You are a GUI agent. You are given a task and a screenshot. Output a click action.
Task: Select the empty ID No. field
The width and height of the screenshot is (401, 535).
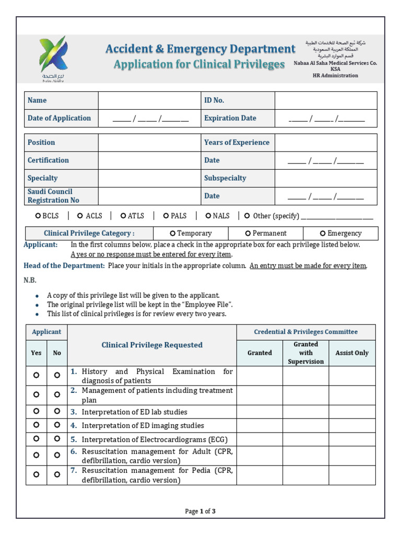pyautogui.click(x=325, y=100)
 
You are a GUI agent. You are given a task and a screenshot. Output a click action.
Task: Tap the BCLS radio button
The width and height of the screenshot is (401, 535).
pyautogui.click(x=38, y=216)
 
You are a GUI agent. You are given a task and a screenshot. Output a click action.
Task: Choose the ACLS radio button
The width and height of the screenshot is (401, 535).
pyautogui.click(x=80, y=216)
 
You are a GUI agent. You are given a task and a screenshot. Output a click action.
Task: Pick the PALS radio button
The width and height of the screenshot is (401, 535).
pyautogui.click(x=166, y=216)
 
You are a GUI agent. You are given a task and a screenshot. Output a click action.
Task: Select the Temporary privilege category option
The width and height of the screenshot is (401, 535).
pyautogui.click(x=173, y=234)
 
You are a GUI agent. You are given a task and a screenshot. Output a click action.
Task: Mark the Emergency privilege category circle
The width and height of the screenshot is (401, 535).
pyautogui.click(x=323, y=234)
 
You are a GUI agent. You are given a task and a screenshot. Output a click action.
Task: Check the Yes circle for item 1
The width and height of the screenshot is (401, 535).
pyautogui.click(x=36, y=375)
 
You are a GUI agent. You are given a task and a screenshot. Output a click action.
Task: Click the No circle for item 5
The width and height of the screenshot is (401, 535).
pyautogui.click(x=57, y=439)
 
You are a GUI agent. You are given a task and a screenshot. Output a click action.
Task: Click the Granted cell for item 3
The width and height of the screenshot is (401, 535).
pyautogui.click(x=260, y=412)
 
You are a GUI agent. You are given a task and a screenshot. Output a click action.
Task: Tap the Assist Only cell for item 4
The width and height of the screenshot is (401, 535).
pyautogui.click(x=351, y=425)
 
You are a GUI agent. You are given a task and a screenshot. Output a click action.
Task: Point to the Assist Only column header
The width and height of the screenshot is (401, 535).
pyautogui.click(x=351, y=353)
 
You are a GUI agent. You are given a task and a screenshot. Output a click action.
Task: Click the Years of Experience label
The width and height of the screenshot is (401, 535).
pyautogui.click(x=237, y=143)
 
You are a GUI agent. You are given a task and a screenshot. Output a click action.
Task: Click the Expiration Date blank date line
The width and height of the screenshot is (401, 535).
pyautogui.click(x=326, y=119)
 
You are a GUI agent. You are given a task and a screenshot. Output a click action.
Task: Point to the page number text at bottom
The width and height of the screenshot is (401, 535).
pyautogui.click(x=200, y=511)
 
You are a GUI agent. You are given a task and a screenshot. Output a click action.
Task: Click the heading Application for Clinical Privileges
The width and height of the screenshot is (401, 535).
pyautogui.click(x=199, y=64)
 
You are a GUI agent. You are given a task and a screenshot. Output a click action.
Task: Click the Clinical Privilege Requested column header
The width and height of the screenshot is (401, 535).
pyautogui.click(x=152, y=345)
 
